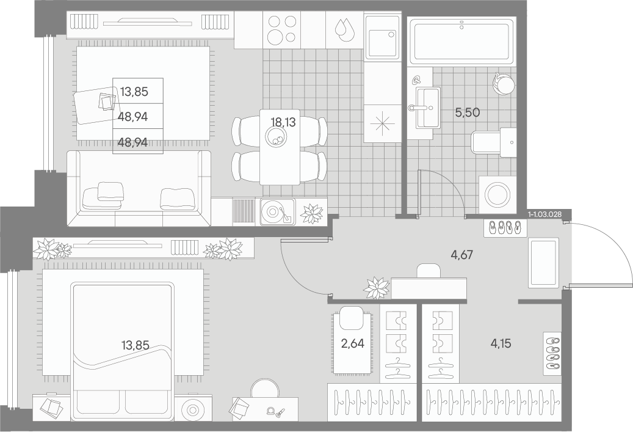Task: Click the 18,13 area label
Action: [x=284, y=122]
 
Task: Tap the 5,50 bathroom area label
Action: [x=468, y=113]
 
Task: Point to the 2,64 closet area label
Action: [x=352, y=344]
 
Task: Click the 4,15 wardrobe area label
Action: [x=501, y=344]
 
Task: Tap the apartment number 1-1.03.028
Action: [x=544, y=214]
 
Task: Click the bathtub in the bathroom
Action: [x=462, y=41]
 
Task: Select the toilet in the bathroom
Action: [x=494, y=142]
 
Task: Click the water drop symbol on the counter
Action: [x=343, y=29]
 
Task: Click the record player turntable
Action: [x=277, y=212]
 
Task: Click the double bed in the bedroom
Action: [x=123, y=352]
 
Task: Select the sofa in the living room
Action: [x=139, y=188]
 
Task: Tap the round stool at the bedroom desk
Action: [x=265, y=389]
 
